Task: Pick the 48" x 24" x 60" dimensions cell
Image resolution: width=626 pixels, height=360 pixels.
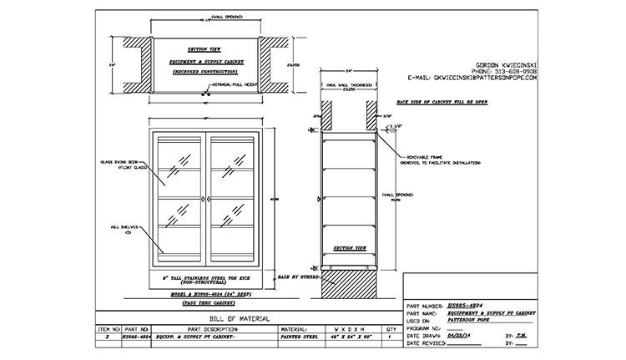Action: pos(342,338)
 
